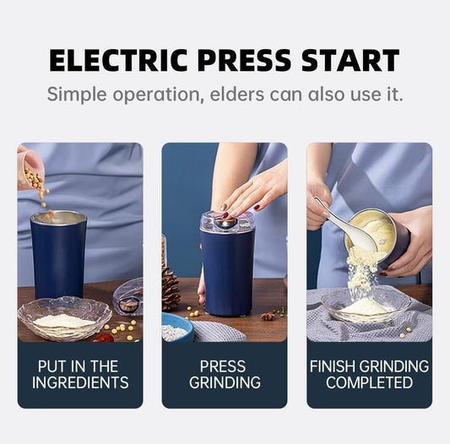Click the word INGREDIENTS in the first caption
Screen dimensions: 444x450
coord(80,382)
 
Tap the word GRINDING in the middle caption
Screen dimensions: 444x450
coord(224,382)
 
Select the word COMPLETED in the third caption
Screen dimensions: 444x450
coord(369,382)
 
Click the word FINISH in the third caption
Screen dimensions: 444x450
coord(335,366)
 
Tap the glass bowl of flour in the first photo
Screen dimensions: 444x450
coord(64,318)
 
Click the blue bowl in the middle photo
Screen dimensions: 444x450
coord(176,327)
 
